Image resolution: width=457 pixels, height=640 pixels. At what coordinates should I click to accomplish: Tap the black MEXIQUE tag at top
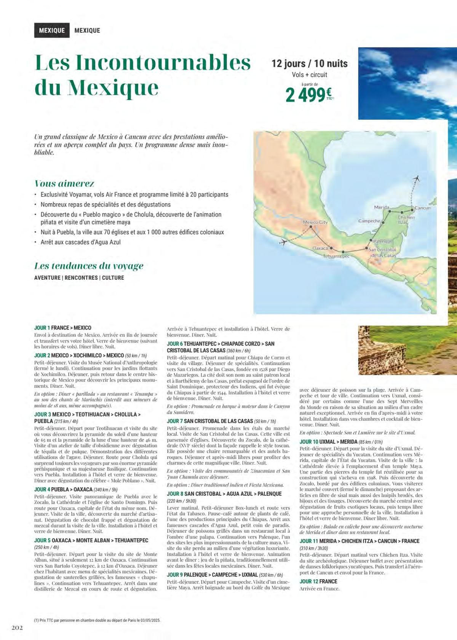click(x=52, y=30)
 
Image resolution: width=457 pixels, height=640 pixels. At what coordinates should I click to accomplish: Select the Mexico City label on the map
click(x=315, y=222)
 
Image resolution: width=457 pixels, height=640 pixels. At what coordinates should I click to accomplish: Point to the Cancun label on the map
click(x=423, y=208)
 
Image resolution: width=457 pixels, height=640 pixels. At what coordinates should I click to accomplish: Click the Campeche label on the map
click(x=369, y=221)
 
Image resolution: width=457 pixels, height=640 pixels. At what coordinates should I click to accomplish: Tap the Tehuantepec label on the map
click(x=336, y=256)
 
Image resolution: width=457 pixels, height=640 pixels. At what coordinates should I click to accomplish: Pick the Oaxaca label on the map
click(x=320, y=248)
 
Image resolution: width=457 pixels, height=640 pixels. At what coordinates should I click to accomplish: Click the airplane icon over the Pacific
click(x=283, y=242)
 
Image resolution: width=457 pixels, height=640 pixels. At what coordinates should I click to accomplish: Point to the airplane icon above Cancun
click(x=417, y=178)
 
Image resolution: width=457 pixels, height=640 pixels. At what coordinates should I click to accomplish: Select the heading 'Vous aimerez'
click(x=64, y=183)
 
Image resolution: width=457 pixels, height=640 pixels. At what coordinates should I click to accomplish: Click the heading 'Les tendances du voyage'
click(x=89, y=266)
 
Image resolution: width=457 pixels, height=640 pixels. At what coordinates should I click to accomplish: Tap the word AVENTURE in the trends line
click(x=47, y=278)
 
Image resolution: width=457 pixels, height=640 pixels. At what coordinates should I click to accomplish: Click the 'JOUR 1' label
click(x=42, y=328)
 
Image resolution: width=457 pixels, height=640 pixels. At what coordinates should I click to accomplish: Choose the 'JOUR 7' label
click(x=175, y=421)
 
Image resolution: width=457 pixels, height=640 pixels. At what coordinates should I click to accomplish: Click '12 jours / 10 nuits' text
click(x=309, y=63)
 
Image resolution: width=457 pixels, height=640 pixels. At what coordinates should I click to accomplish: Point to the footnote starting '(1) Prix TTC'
click(x=97, y=620)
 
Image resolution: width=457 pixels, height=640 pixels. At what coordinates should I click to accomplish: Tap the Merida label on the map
click(x=381, y=207)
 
